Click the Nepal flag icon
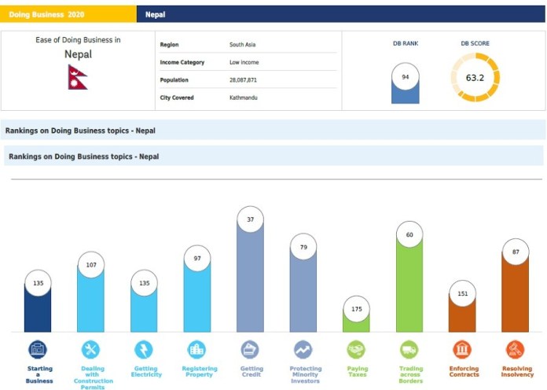[x=78, y=76]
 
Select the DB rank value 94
[x=406, y=77]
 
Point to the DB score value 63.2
[x=475, y=78]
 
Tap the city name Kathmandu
[x=244, y=97]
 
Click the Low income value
[x=244, y=62]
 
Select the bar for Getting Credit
[x=250, y=283]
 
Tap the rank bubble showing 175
[x=356, y=309]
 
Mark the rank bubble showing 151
[x=462, y=295]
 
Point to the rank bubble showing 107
[x=91, y=265]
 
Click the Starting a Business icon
[x=38, y=349]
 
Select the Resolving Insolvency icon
[x=516, y=349]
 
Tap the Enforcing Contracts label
[x=463, y=372]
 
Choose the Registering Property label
[x=197, y=372]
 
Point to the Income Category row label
[x=182, y=62]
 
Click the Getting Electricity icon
[x=145, y=349]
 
